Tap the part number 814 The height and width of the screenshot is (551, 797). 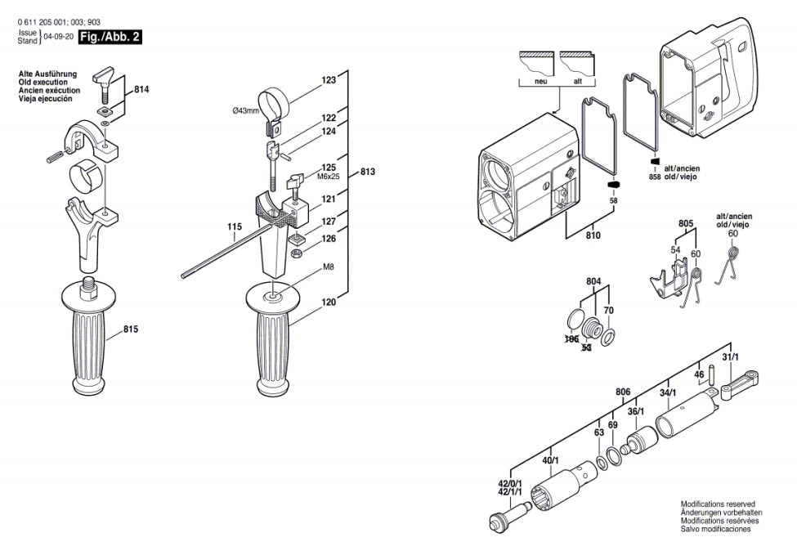pos(141,88)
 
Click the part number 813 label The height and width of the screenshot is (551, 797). pos(368,172)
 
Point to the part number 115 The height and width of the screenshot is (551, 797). pos(235,226)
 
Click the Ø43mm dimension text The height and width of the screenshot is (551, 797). pos(245,110)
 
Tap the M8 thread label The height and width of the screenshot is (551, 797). pos(328,267)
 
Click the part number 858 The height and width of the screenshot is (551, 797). pos(654,177)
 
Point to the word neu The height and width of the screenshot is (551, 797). pos(540,83)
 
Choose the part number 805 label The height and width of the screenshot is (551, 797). pos(685,223)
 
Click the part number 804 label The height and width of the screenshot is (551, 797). pos(593,281)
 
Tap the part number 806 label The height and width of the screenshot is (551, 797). pos(623,392)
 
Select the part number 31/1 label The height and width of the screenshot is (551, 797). pos(730,357)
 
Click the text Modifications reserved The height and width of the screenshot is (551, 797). pos(718,504)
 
